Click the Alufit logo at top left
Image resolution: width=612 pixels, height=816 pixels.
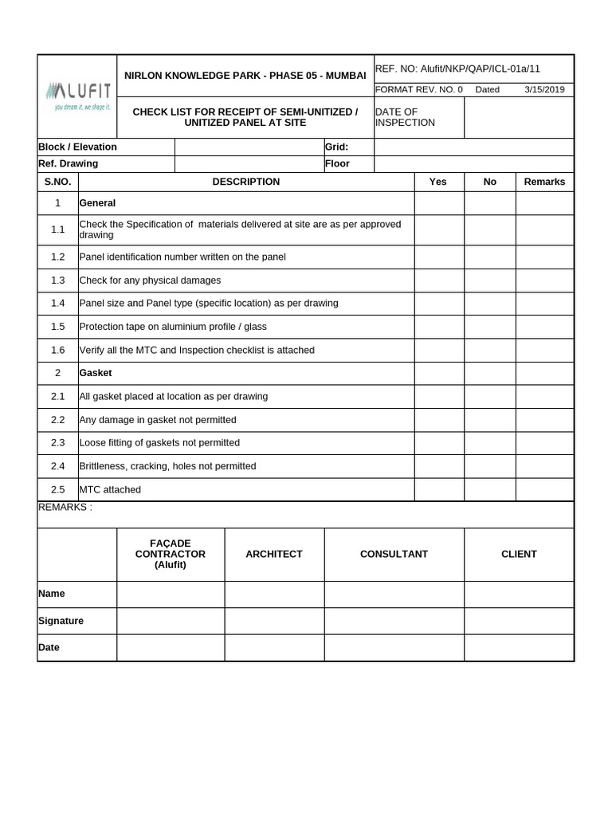coord(77,95)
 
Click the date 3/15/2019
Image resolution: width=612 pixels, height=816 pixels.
coord(544,89)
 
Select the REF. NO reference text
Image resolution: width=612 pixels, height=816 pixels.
coord(457,69)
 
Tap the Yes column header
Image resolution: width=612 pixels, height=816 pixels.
coord(438,182)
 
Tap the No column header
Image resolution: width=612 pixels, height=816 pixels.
coord(490,182)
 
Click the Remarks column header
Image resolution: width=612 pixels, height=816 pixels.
coord(544,182)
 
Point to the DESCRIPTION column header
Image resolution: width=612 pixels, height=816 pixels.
coord(246,182)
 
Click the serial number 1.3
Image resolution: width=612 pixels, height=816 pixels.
coord(57,280)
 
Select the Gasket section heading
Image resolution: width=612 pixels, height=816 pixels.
coord(96,373)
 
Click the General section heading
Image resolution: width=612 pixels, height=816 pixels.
coord(97,203)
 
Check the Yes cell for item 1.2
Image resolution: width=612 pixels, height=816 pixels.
coord(438,257)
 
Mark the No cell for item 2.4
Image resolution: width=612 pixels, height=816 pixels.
coord(490,466)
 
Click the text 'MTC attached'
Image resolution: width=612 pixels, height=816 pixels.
coord(110,489)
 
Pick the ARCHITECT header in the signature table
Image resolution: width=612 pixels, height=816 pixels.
coord(274,554)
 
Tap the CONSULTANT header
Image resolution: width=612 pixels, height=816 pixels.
coord(394,554)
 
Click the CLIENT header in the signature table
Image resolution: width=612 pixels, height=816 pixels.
coord(519,554)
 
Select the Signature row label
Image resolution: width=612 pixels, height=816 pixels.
coord(61,621)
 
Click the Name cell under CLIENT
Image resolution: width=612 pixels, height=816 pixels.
coord(519,594)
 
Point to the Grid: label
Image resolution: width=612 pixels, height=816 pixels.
coord(337,147)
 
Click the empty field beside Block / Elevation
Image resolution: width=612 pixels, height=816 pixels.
coord(249,147)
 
